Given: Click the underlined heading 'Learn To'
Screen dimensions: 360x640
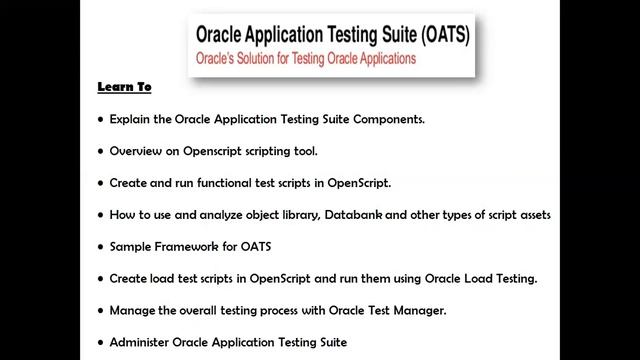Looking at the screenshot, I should (x=124, y=87).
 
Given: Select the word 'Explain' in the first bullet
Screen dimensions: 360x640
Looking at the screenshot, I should (x=131, y=119).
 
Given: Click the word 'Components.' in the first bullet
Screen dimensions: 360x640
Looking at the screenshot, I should (x=385, y=119).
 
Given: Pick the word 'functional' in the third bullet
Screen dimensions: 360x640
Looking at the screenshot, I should (x=237, y=183).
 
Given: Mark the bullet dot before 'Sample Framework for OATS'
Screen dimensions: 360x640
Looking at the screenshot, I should (x=100, y=247).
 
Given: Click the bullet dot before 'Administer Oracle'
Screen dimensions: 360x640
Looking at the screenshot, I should (x=100, y=343).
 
